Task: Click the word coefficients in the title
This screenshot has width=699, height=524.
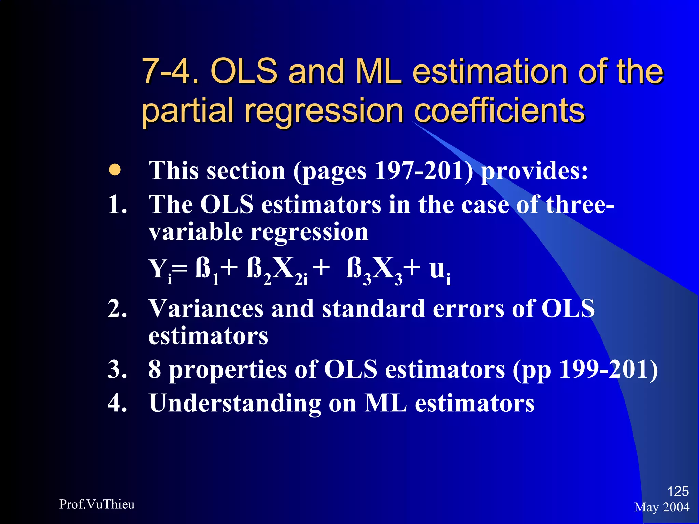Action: [x=500, y=111]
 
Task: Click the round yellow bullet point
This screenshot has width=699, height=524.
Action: [x=115, y=170]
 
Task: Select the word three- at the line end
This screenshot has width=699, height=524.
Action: [x=580, y=205]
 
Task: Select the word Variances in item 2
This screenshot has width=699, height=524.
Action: [x=206, y=309]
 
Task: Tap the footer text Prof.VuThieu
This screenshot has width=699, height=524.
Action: [x=97, y=504]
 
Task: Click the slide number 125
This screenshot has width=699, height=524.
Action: [x=677, y=491]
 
